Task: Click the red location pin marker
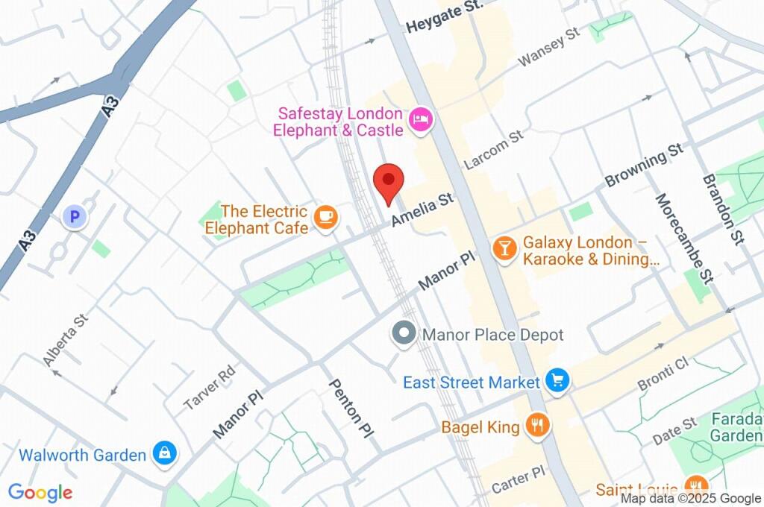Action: [x=388, y=181]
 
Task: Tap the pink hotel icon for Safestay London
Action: [x=421, y=120]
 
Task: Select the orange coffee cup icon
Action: [x=325, y=217]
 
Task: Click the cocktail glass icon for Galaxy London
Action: [x=505, y=249]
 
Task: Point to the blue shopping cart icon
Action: [x=557, y=382]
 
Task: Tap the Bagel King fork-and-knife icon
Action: [x=537, y=426]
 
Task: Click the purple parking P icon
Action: [x=74, y=217]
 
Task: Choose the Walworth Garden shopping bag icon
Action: [x=163, y=453]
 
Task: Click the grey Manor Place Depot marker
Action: [x=404, y=333]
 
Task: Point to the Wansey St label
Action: [x=549, y=47]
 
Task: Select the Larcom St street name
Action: [x=493, y=150]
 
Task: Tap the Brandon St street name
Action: [x=723, y=208]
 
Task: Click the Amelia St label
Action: [x=422, y=210]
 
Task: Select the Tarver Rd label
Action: [x=210, y=388]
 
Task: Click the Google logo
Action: [x=40, y=492]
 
